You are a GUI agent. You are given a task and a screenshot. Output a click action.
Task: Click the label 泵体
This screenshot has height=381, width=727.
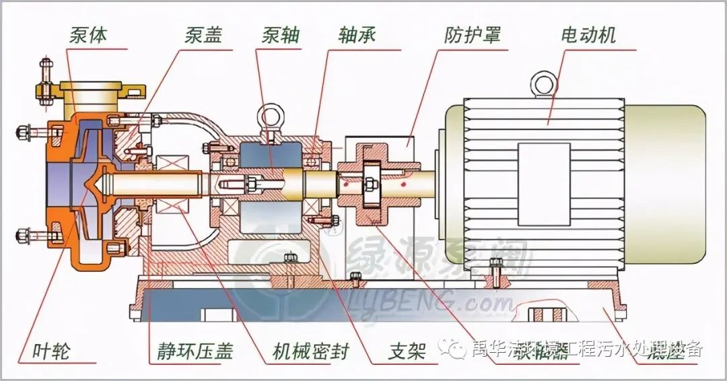pos(88,34)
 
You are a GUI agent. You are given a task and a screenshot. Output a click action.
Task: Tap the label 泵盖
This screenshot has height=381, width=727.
pos(203,34)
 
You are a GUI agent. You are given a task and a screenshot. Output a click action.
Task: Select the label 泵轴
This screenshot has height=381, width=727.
pos(281,34)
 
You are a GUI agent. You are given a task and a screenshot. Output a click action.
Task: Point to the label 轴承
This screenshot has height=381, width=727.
pos(356,34)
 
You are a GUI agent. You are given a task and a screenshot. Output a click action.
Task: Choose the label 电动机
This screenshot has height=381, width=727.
pos(588,34)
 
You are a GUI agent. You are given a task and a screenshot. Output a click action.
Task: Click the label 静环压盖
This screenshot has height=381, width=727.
pos(186,351)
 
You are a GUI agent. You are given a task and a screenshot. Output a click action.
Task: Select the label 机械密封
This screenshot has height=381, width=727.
pos(311,351)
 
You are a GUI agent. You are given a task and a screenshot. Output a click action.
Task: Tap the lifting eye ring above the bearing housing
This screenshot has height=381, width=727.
pos(271,116)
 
